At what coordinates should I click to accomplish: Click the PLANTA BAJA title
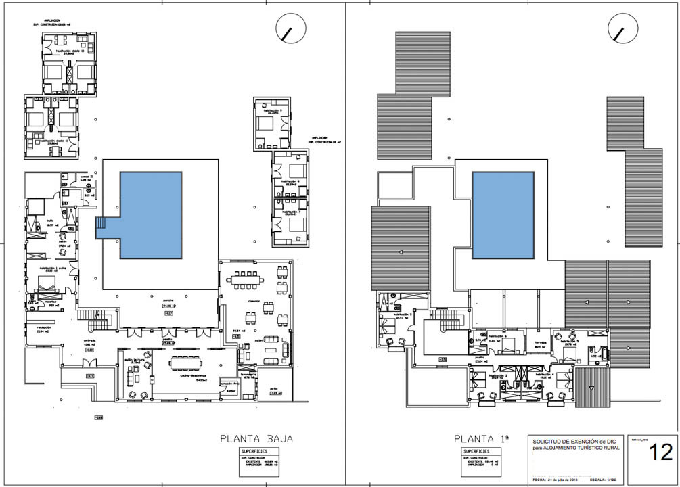click(x=256, y=438)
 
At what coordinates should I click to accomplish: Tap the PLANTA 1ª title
click(x=484, y=438)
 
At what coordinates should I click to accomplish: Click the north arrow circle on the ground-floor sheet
click(x=291, y=29)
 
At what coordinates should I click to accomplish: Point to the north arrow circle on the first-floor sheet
click(x=623, y=29)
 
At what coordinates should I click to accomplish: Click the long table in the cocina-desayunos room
click(x=193, y=363)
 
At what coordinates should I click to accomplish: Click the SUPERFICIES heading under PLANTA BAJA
click(x=253, y=450)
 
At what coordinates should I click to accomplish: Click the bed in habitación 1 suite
click(x=46, y=284)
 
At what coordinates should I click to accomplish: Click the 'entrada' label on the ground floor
click(x=89, y=340)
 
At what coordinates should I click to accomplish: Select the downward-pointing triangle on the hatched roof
click(x=592, y=388)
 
